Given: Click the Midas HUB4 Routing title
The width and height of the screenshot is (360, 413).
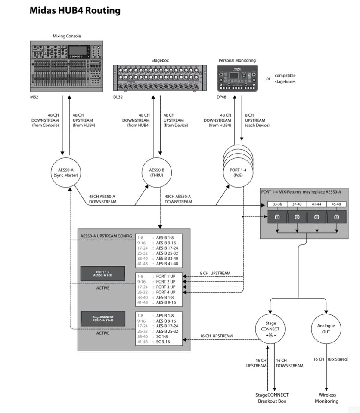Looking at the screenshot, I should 75,11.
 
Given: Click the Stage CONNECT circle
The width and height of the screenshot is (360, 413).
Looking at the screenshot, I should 270,329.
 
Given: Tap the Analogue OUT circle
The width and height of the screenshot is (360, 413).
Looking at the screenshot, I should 326,329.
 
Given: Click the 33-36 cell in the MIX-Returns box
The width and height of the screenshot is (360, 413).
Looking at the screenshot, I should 277,204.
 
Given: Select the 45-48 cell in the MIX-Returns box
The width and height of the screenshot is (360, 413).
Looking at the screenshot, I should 336,204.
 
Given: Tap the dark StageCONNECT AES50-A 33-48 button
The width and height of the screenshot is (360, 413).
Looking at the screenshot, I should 102,319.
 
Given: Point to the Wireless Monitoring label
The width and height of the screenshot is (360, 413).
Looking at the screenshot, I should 326,398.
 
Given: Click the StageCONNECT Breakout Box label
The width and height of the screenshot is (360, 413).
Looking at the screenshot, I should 271,398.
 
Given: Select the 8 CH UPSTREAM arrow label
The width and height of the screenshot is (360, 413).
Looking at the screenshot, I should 215,273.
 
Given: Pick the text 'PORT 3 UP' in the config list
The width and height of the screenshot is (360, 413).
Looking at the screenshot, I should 166,287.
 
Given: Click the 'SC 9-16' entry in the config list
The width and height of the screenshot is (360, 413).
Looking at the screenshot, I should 164,342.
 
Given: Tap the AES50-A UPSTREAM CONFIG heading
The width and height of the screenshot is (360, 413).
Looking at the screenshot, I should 106,237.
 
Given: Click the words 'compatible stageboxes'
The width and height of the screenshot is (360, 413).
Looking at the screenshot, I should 285,78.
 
